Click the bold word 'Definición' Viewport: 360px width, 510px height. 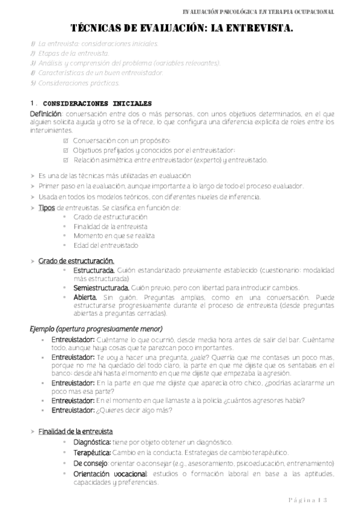[45, 114]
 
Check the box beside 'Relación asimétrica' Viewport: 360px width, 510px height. [67, 160]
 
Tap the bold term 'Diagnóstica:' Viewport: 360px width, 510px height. [92, 442]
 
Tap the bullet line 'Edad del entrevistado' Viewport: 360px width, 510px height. [106, 245]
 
